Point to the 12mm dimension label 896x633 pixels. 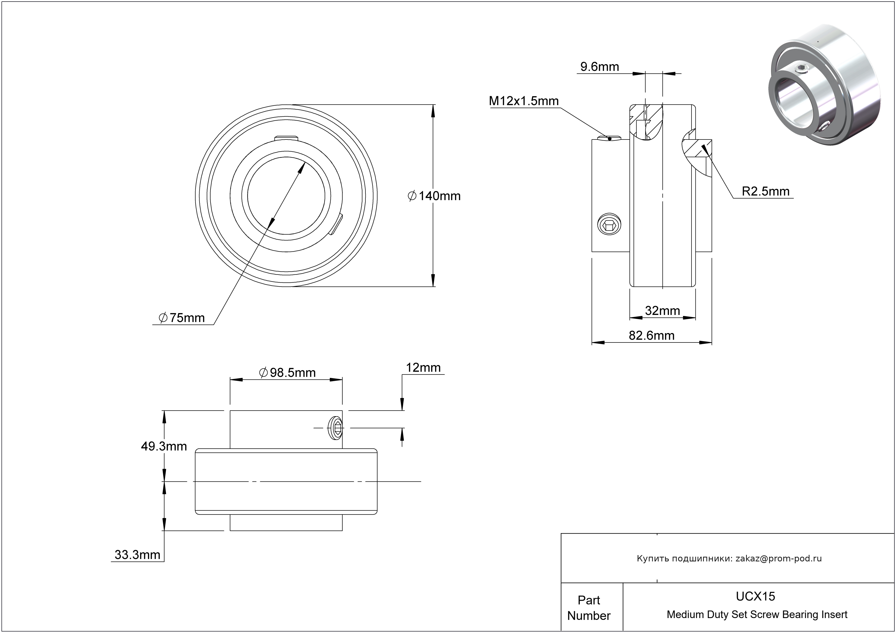(423, 368)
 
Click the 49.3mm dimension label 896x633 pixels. (164, 446)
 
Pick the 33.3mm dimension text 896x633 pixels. (137, 555)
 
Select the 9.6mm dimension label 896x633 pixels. (600, 67)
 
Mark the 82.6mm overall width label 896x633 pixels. (651, 335)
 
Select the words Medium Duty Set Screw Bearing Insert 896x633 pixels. (757, 615)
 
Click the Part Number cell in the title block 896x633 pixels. (589, 608)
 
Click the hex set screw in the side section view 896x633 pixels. (609, 225)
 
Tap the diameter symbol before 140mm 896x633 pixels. (412, 196)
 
